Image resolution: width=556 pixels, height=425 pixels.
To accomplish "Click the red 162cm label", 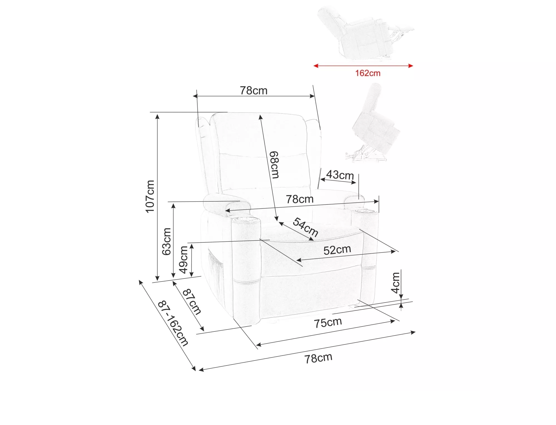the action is tap(368, 73).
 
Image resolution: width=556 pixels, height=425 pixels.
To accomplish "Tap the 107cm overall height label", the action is tap(150, 196).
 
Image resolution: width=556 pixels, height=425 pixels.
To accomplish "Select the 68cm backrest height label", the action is tap(274, 165).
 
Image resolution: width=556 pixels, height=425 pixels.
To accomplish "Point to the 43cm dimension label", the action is tap(340, 175).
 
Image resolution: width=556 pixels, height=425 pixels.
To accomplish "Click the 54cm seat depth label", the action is tap(306, 227).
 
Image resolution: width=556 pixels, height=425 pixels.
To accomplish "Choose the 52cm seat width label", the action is tap(337, 250).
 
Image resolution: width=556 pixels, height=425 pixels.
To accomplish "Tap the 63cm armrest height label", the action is tap(167, 241).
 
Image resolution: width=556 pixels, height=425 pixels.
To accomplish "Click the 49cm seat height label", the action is tap(183, 260).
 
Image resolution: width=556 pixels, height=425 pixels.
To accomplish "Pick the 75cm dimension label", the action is tap(328, 322).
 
